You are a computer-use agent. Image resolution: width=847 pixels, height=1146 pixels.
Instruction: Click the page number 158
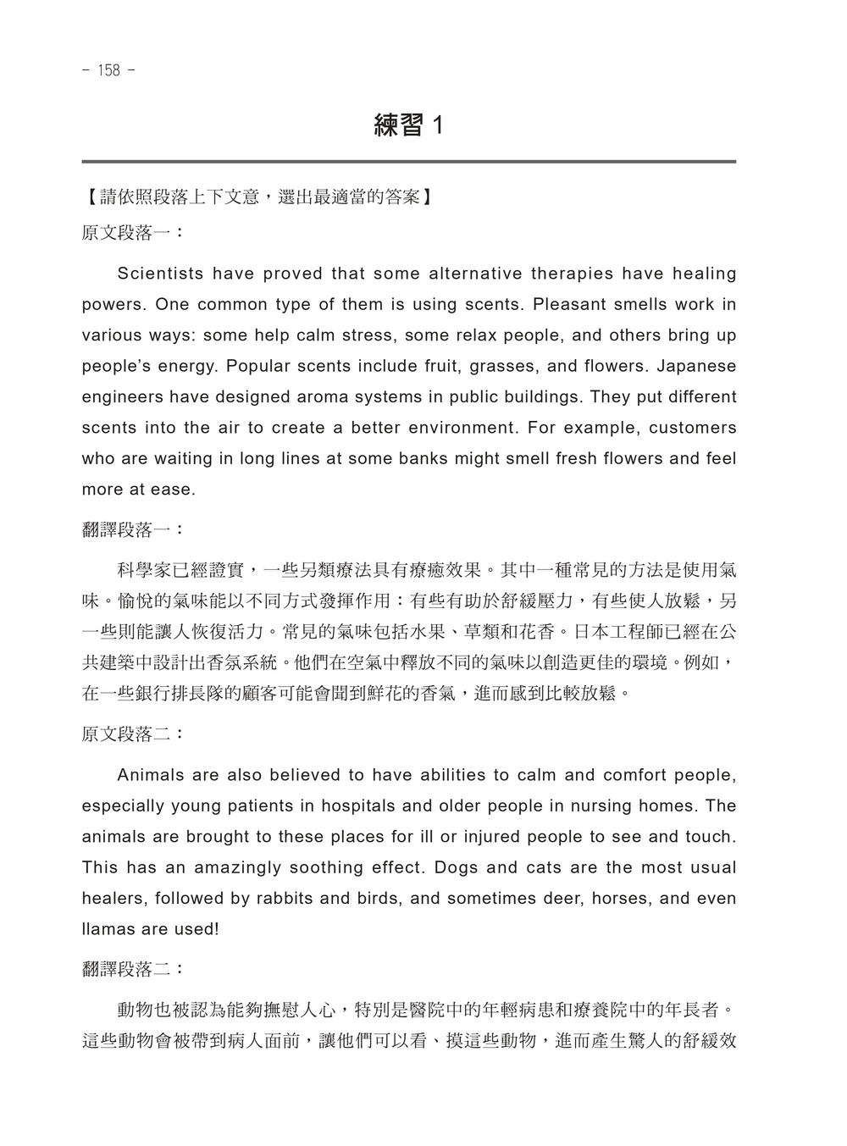click(109, 70)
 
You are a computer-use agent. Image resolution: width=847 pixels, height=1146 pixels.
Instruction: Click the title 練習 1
click(408, 126)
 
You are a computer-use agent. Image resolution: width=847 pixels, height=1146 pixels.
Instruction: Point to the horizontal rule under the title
click(408, 161)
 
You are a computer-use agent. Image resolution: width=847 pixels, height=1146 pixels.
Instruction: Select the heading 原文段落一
click(132, 233)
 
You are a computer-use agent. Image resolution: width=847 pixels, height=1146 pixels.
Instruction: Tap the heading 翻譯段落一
click(132, 530)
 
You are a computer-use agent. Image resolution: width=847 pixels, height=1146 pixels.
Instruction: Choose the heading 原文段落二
click(132, 734)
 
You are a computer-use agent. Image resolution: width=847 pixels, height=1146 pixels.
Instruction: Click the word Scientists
click(160, 274)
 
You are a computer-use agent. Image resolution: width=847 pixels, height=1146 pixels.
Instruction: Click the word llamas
click(108, 929)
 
